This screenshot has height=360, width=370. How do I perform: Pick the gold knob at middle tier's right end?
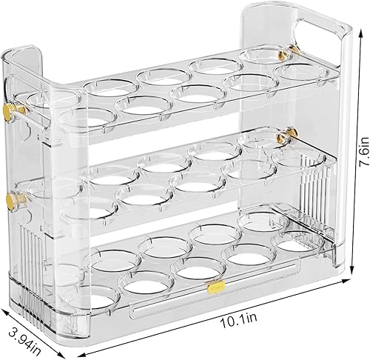283,137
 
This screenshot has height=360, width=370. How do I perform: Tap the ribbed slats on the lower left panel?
33,252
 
